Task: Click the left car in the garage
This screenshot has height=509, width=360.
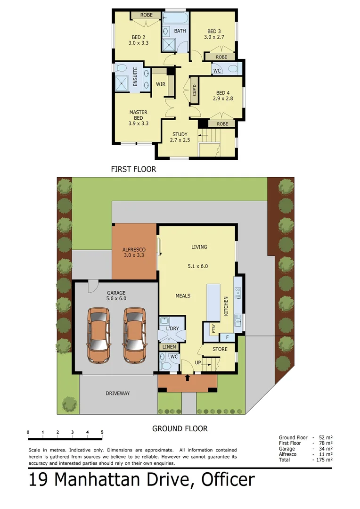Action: coord(98,335)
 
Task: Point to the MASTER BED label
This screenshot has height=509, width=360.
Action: coord(139,115)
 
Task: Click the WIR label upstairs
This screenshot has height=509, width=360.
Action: coord(160,84)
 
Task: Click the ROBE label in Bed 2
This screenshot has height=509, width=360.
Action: coord(146,15)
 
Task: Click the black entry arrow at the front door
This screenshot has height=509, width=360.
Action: coord(188,378)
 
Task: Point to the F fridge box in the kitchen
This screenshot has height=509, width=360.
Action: coord(228,337)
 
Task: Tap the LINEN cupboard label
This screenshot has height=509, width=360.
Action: coord(169,347)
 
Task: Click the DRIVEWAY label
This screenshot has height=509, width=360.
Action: coord(117,393)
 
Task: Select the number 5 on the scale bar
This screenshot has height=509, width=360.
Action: coord(102,432)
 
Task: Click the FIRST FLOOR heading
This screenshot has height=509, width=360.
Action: coord(133,169)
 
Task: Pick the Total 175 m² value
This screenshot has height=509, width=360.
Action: coord(325,460)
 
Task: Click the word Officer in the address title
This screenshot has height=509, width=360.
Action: coord(228,480)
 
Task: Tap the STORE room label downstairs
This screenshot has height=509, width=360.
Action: coord(220,349)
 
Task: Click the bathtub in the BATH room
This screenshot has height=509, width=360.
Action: coord(175,18)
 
